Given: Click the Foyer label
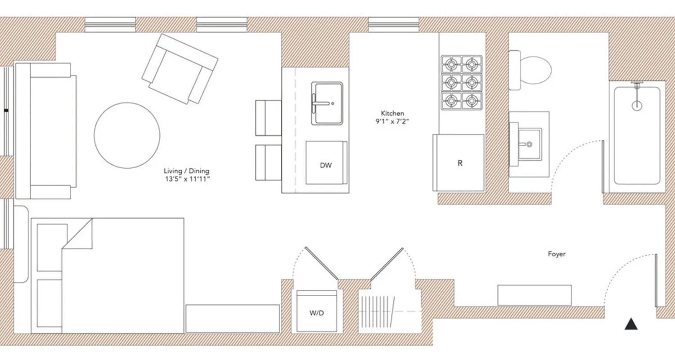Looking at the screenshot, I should (x=556, y=254).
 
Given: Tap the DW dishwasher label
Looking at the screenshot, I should (x=326, y=165).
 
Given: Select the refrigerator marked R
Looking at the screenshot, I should (x=459, y=163).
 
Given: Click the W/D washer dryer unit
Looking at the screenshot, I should (x=317, y=312).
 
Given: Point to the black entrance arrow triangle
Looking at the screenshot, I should (x=631, y=324).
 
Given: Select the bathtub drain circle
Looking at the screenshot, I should (x=637, y=106).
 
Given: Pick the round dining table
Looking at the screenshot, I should (x=127, y=135).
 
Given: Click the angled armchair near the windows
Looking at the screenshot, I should (x=180, y=70).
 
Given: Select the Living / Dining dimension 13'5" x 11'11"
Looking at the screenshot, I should (x=187, y=179).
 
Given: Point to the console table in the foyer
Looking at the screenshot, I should (x=534, y=295).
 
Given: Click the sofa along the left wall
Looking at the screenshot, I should (x=45, y=130).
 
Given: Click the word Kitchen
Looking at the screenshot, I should (x=392, y=113).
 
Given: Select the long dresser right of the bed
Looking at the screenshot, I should (x=233, y=319).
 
